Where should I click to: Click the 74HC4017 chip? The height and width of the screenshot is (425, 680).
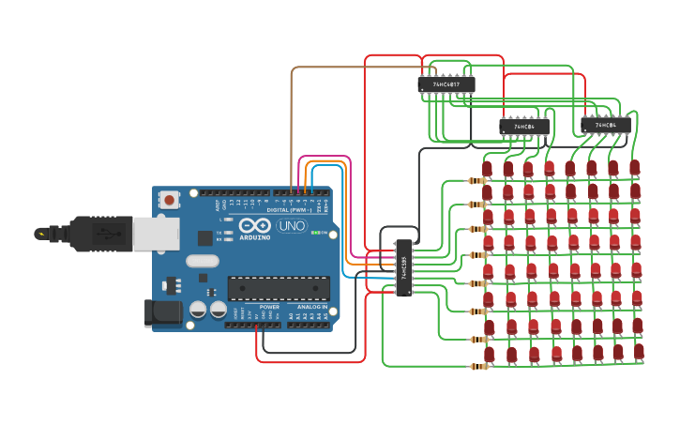pyautogui.click(x=446, y=84)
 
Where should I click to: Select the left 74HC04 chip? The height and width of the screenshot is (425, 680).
pyautogui.click(x=523, y=126)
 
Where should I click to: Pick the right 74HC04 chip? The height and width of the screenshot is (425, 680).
pyautogui.click(x=605, y=125)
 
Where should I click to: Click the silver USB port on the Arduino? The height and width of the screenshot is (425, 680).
pyautogui.click(x=156, y=235)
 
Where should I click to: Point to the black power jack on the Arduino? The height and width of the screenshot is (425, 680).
pyautogui.click(x=162, y=312)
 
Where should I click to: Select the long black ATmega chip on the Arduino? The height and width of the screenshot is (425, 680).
pyautogui.click(x=279, y=288)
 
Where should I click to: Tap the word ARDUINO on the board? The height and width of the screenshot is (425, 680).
pyautogui.click(x=254, y=238)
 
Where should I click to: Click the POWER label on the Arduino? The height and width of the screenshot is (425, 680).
pyautogui.click(x=269, y=307)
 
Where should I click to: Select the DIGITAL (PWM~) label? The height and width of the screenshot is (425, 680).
pyautogui.click(x=290, y=209)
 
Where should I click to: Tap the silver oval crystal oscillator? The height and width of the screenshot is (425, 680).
pyautogui.click(x=202, y=261)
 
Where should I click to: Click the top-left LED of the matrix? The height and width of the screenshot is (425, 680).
pyautogui.click(x=487, y=169)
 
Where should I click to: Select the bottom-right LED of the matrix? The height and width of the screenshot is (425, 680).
pyautogui.click(x=639, y=352)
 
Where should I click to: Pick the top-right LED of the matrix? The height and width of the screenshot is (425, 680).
pyautogui.click(x=635, y=167)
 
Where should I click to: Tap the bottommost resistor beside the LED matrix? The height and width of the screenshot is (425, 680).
pyautogui.click(x=478, y=366)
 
